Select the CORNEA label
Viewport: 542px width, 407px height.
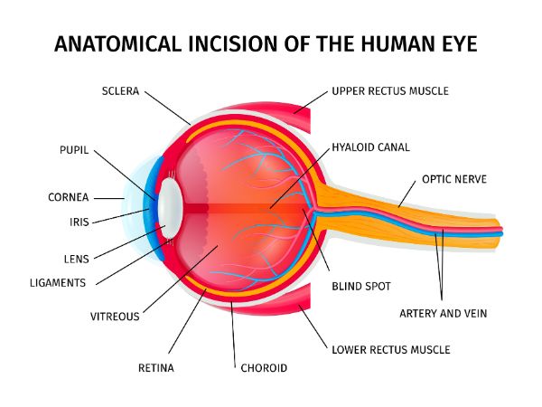[x=68, y=197]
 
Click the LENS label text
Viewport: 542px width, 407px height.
[x=77, y=259]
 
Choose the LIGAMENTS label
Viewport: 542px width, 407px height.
[x=57, y=282]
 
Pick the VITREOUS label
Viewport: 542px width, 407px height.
[x=115, y=317]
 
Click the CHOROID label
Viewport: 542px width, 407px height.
[x=264, y=368]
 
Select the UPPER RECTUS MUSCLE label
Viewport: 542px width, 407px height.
[x=389, y=91]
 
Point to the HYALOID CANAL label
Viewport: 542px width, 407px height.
[x=370, y=147]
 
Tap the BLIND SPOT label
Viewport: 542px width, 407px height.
[x=360, y=286]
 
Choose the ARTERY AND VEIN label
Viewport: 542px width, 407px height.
[x=444, y=314]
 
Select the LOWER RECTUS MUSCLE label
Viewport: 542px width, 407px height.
[x=390, y=349]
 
